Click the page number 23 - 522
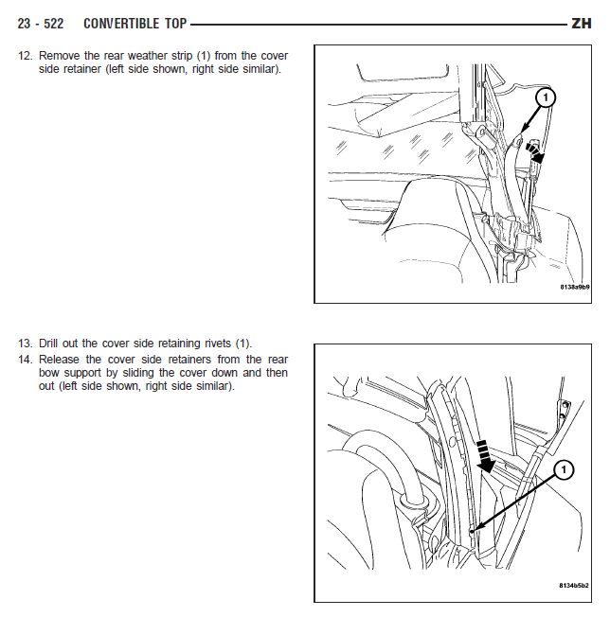click(40, 24)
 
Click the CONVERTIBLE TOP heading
click(135, 24)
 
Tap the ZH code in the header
click(582, 24)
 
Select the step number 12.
click(25, 56)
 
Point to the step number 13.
click(25, 344)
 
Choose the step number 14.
click(25, 360)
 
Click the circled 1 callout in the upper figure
click(545, 97)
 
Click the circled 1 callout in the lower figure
click(564, 469)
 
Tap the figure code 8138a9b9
click(575, 288)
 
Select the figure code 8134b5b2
click(574, 586)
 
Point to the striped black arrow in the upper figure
click(535, 153)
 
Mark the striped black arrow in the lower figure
click(485, 457)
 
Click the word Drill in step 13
click(48, 344)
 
